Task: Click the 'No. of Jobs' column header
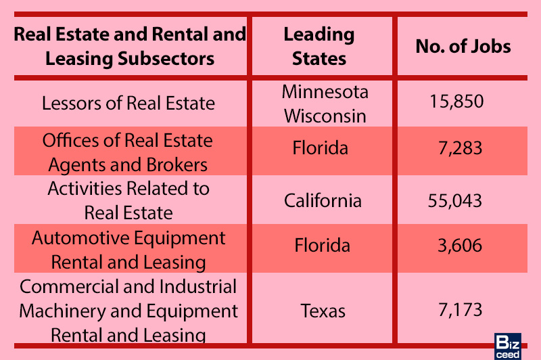(x=463, y=47)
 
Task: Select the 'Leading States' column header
(x=319, y=46)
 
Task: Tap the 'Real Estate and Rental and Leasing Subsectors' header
(x=130, y=46)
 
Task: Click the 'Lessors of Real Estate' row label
(x=128, y=104)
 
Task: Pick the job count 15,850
(x=456, y=103)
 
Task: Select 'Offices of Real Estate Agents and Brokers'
(x=128, y=152)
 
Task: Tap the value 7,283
(x=461, y=148)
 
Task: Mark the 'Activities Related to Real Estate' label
(x=128, y=200)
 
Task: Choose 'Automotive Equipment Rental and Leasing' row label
(x=128, y=250)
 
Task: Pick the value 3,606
(x=461, y=245)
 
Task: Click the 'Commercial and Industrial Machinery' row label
(x=128, y=311)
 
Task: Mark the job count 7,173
(x=461, y=311)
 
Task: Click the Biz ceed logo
(x=507, y=345)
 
